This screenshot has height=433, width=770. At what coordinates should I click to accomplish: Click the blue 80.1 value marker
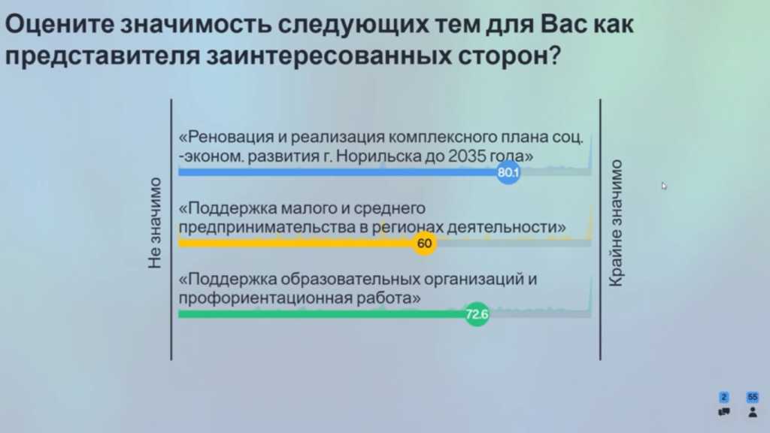pos(508,172)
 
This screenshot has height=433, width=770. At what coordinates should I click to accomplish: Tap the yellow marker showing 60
pos(424,243)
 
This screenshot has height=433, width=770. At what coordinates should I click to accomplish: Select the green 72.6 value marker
pos(477,314)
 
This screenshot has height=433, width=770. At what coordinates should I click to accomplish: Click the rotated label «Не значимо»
pos(155,223)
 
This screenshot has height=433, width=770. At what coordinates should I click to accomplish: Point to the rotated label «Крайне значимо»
pos(616,223)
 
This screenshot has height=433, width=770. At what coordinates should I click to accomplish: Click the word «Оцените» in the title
pos(59,24)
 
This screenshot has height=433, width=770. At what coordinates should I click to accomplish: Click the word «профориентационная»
pos(265,298)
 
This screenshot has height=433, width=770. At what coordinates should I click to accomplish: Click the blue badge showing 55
pos(752,397)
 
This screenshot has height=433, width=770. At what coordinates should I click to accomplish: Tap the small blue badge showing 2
pos(724,397)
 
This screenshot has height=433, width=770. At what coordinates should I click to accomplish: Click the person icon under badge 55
pos(752,413)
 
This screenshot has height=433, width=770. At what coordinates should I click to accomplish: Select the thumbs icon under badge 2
pos(724,413)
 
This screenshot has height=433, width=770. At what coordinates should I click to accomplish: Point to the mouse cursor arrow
pos(664,186)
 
